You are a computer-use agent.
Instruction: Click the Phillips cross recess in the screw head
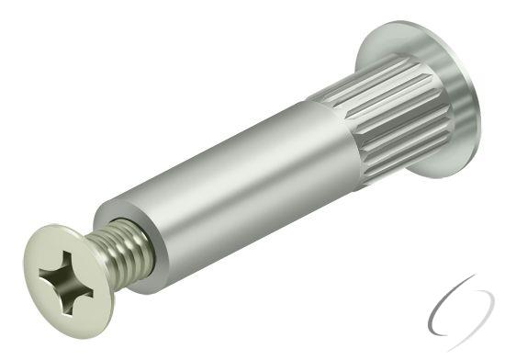pos(65,271)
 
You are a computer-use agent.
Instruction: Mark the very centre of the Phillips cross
pos(65,271)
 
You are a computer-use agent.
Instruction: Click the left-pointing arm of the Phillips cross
pos(46,276)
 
